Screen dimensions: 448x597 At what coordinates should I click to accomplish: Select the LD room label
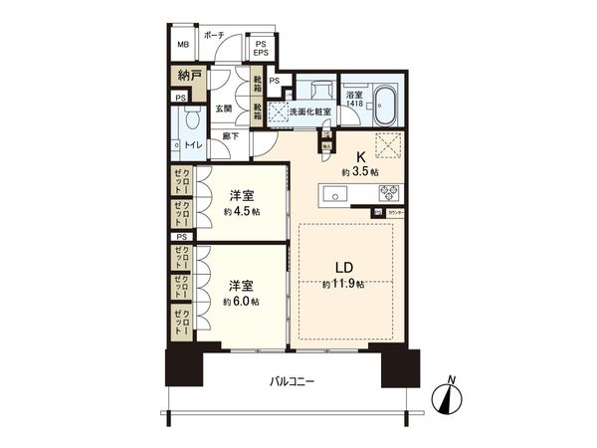pyautogui.click(x=342, y=266)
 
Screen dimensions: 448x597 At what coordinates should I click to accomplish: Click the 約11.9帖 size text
pyautogui.click(x=342, y=285)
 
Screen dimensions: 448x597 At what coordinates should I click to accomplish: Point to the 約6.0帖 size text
pyautogui.click(x=241, y=301)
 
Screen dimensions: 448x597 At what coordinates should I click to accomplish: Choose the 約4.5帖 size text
pyautogui.click(x=241, y=211)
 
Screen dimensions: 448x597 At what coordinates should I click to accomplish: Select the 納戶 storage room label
pyautogui.click(x=189, y=76)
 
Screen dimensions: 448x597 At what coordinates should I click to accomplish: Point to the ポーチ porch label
pyautogui.click(x=213, y=35)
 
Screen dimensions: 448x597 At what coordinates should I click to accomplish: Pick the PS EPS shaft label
pyautogui.click(x=261, y=50)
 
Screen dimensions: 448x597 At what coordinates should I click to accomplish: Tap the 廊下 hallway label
pyautogui.click(x=230, y=139)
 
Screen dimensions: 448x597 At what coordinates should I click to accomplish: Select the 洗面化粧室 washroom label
pyautogui.click(x=309, y=112)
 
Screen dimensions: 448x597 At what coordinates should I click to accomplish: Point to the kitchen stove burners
pyautogui.click(x=387, y=193)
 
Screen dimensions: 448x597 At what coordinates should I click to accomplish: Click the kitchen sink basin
pyautogui.click(x=336, y=195)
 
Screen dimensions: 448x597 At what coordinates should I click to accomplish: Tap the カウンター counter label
pyautogui.click(x=394, y=212)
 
